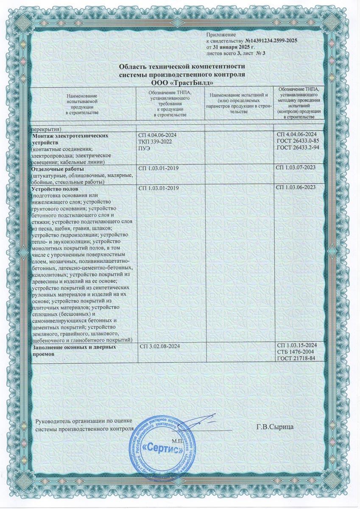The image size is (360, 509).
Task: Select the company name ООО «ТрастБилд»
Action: [x=183, y=82]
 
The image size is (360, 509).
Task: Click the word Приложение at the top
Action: [x=220, y=33]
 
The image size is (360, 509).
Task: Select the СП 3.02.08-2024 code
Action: [x=160, y=347]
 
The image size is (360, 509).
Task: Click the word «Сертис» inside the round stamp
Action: [x=161, y=447]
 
